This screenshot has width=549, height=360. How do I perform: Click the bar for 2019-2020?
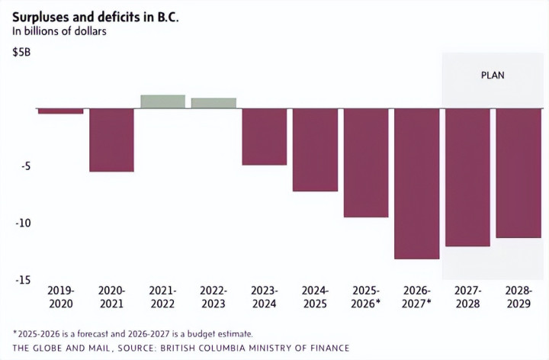tap(61, 111)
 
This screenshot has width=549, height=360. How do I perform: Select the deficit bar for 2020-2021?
tap(112, 140)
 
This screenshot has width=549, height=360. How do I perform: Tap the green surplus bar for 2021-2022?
tap(162, 101)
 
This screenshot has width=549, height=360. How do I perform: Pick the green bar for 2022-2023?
tap(213, 103)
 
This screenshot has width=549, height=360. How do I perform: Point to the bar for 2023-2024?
tap(265, 137)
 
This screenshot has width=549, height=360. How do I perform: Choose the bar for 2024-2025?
tap(315, 149)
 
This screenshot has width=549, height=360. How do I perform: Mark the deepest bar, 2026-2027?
tap(416, 183)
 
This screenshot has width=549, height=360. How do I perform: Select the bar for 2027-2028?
tap(467, 177)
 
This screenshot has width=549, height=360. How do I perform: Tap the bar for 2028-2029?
tap(518, 173)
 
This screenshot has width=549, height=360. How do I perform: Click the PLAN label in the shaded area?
tap(492, 76)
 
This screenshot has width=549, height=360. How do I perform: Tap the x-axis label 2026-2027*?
tap(417, 296)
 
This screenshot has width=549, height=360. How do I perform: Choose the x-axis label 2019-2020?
tap(61, 296)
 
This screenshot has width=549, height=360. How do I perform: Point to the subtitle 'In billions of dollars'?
tap(58, 31)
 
